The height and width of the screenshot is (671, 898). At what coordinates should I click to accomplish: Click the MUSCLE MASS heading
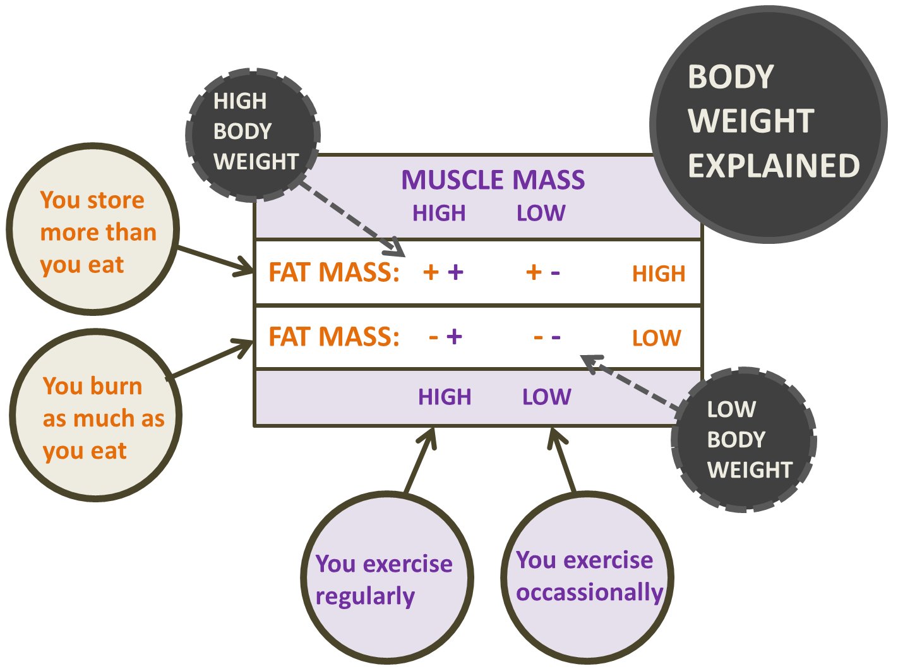pos(493,180)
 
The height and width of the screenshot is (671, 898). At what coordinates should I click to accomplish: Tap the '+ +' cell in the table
pos(443,272)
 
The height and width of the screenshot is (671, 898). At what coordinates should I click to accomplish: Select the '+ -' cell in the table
pos(543,272)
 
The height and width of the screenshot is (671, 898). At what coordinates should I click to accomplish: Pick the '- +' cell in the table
pos(445,336)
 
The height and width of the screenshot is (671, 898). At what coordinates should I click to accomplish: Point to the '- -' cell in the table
pos(547,337)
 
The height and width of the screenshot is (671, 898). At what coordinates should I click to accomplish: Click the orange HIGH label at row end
pos(659,274)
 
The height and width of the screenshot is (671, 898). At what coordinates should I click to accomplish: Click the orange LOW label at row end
pos(656,338)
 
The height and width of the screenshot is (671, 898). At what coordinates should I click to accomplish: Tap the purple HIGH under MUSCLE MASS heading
pos(439,214)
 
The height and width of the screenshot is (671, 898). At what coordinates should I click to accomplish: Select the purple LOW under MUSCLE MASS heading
pos(541,214)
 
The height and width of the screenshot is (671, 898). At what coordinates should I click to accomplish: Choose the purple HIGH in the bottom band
pos(445,397)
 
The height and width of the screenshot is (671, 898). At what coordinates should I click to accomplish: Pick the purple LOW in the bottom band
pos(546,397)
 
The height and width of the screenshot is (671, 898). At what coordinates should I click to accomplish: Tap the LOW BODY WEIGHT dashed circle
pos(744,439)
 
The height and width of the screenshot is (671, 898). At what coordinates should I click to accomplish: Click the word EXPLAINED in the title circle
pos(774,166)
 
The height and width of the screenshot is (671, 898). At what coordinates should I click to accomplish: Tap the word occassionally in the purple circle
pos(589,593)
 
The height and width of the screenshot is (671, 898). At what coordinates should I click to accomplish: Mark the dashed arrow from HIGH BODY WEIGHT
pos(350,218)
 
